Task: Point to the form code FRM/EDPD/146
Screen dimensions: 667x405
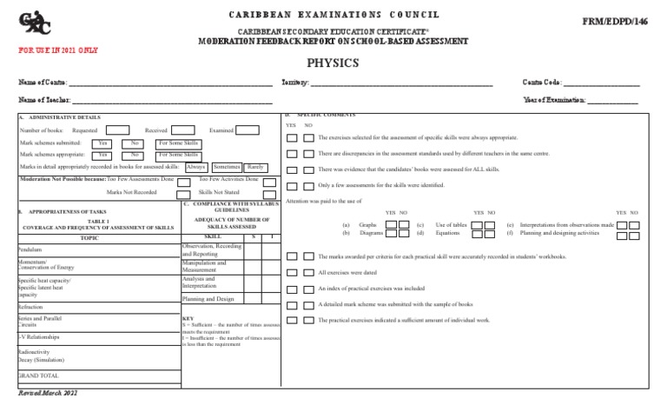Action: (x=624, y=20)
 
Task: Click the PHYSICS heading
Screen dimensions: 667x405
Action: (x=333, y=63)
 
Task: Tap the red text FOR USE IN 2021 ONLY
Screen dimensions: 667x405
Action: (x=58, y=50)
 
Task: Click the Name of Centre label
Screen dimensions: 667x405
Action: (x=43, y=83)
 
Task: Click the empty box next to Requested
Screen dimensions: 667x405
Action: (x=118, y=130)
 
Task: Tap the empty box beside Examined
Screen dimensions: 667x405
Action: (x=247, y=130)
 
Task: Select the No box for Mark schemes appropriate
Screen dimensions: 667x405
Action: (x=135, y=154)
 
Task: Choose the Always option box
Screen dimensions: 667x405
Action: (x=196, y=165)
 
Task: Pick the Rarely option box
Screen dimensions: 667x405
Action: (x=255, y=165)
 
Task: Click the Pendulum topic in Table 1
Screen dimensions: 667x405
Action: (x=30, y=248)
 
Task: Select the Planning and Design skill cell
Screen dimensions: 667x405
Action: (x=208, y=298)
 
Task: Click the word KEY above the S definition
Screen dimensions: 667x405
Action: (x=188, y=318)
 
